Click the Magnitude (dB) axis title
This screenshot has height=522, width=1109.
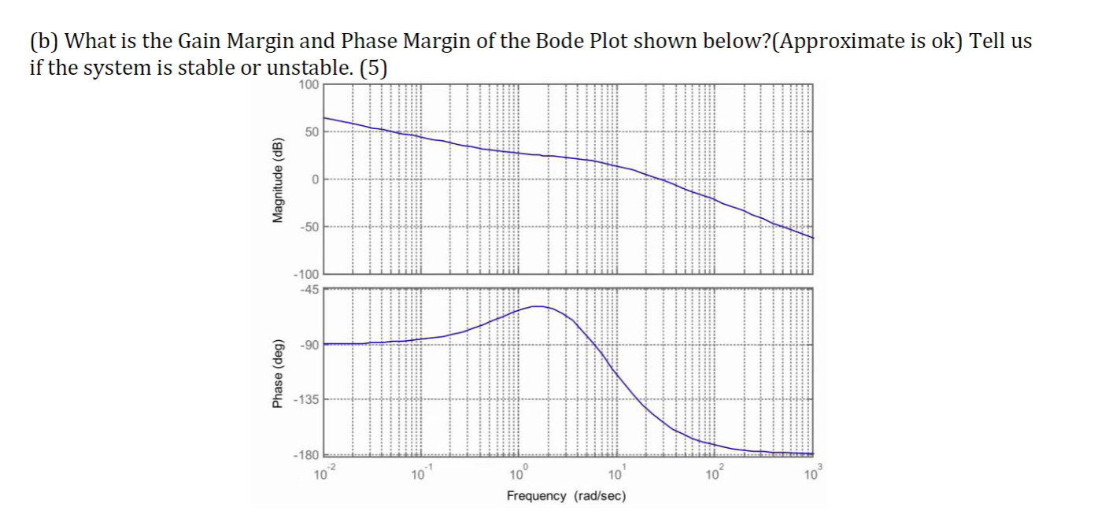click(x=277, y=180)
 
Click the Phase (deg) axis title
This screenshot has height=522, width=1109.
click(x=277, y=374)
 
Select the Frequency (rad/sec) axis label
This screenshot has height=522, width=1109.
click(x=566, y=496)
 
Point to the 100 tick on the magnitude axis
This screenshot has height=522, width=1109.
click(x=309, y=83)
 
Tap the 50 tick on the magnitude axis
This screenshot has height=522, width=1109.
click(x=312, y=131)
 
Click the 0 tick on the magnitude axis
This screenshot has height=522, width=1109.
click(x=315, y=180)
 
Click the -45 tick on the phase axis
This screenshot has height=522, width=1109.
click(x=308, y=289)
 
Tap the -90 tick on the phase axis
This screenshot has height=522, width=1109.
click(x=308, y=345)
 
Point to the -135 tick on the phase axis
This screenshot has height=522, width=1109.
click(x=305, y=401)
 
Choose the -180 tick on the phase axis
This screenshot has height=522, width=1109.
click(x=305, y=456)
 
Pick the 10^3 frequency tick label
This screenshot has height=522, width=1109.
click(x=810, y=473)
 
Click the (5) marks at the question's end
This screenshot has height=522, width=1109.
click(x=373, y=68)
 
